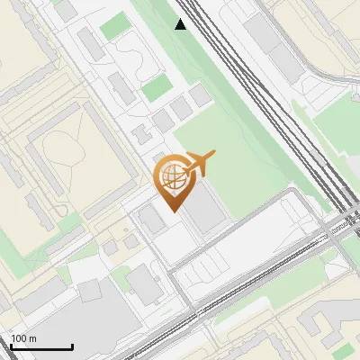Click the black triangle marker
[181, 24]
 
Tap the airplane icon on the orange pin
[199, 163]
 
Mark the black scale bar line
[41, 346]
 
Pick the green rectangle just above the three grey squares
[156, 88]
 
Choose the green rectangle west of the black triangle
[115, 27]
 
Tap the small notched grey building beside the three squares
[142, 135]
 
